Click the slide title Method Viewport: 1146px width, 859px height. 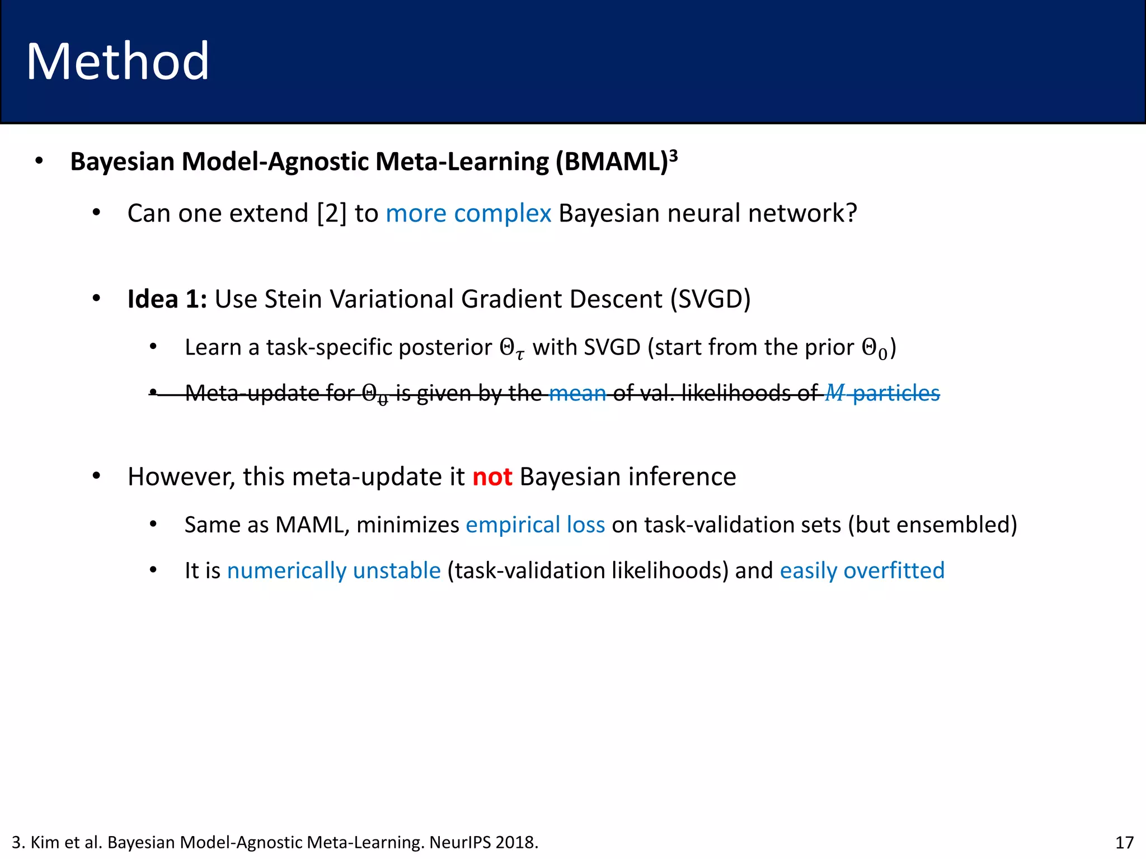pyautogui.click(x=118, y=62)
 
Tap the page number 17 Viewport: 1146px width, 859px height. pyautogui.click(x=1124, y=842)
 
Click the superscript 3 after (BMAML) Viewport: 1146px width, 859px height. pyautogui.click(x=674, y=155)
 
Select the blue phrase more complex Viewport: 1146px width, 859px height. pyautogui.click(x=468, y=213)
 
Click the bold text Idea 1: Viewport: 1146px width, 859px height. pyautogui.click(x=167, y=299)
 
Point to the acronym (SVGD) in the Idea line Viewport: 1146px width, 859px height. pyautogui.click(x=711, y=299)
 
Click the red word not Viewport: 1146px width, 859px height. pyautogui.click(x=492, y=476)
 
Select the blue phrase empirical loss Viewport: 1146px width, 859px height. pyautogui.click(x=535, y=525)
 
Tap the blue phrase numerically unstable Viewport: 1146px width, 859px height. pyautogui.click(x=334, y=570)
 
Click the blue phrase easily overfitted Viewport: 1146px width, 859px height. pyautogui.click(x=862, y=570)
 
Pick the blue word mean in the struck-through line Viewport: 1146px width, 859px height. pyautogui.click(x=577, y=393)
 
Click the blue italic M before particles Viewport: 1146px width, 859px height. pyautogui.click(x=834, y=393)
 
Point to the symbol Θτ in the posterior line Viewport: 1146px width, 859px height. pyautogui.click(x=512, y=348)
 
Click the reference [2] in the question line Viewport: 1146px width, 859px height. pyautogui.click(x=332, y=213)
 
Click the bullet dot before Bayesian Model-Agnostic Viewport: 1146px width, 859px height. pyautogui.click(x=39, y=161)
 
